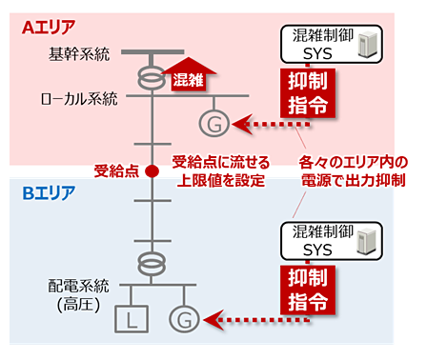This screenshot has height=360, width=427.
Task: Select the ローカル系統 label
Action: point(79,98)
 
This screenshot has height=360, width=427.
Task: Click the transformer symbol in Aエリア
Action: point(149,73)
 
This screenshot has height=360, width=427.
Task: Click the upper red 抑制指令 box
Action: point(309,94)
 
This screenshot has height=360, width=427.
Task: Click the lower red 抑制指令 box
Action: point(309,290)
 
